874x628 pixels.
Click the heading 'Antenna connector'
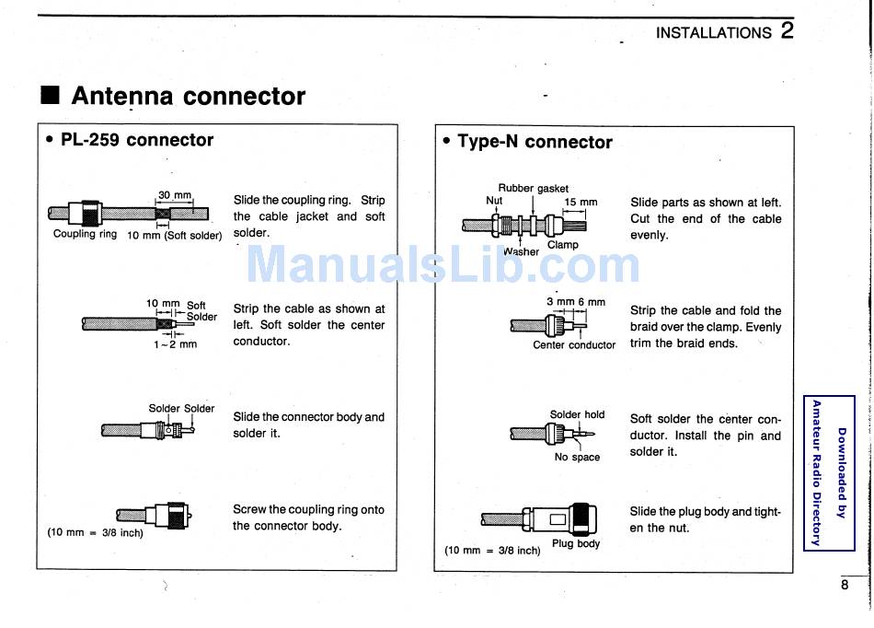pyautogui.click(x=188, y=96)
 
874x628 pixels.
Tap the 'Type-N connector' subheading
pyautogui.click(x=534, y=142)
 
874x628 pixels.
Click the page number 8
pyautogui.click(x=845, y=584)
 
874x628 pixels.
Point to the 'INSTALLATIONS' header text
pyautogui.click(x=713, y=32)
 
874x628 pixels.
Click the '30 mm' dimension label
pyautogui.click(x=175, y=195)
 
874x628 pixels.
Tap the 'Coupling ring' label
pyautogui.click(x=85, y=234)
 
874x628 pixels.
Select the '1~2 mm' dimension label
pyautogui.click(x=175, y=345)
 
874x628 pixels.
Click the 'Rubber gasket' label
pyautogui.click(x=534, y=188)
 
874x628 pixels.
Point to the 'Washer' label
pyautogui.click(x=521, y=250)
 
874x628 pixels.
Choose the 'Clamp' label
pyautogui.click(x=562, y=245)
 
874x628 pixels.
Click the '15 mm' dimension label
pyautogui.click(x=581, y=202)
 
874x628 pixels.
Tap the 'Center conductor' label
pyautogui.click(x=574, y=345)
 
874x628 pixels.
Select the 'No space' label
pyautogui.click(x=577, y=457)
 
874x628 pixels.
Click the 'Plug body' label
pyautogui.click(x=576, y=543)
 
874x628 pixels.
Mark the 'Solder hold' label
pyautogui.click(x=577, y=414)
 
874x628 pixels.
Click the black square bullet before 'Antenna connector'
pyautogui.click(x=51, y=96)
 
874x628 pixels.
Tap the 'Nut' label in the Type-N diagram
pyautogui.click(x=494, y=201)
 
